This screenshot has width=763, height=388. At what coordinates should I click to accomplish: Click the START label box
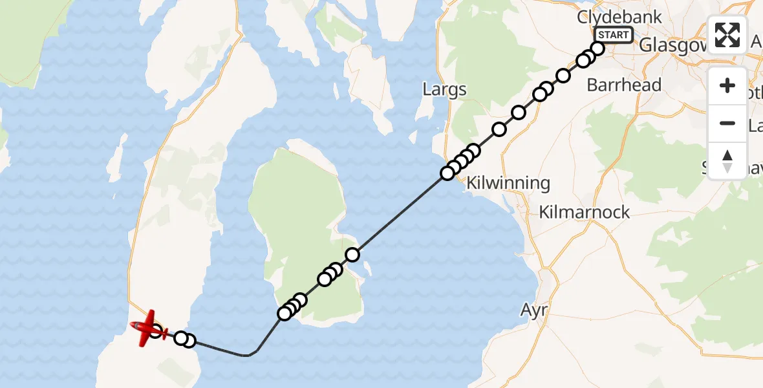pyautogui.click(x=613, y=35)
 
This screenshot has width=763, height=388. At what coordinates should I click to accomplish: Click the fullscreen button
pyautogui.click(x=727, y=35)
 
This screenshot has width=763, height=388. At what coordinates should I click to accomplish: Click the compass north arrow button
pyautogui.click(x=727, y=160)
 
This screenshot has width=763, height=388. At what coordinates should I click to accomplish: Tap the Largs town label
pyautogui.click(x=444, y=89)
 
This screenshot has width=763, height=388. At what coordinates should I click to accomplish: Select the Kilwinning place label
pyautogui.click(x=508, y=183)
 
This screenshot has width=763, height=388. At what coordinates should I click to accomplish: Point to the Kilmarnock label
pyautogui.click(x=584, y=212)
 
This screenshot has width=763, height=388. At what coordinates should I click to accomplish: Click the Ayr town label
pyautogui.click(x=534, y=310)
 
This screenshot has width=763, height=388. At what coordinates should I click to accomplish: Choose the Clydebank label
pyautogui.click(x=619, y=17)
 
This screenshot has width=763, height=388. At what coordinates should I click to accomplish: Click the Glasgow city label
pyautogui.click(x=670, y=45)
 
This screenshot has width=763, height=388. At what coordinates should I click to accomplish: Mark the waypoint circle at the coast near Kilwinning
pyautogui.click(x=447, y=173)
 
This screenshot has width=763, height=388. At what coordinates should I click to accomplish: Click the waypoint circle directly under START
pyautogui.click(x=597, y=48)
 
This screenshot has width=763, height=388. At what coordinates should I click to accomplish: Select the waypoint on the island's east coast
pyautogui.click(x=352, y=255)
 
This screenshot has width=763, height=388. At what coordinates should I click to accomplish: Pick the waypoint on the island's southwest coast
pyautogui.click(x=285, y=314)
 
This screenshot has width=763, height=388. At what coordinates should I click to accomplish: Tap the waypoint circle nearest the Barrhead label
pyautogui.click(x=563, y=76)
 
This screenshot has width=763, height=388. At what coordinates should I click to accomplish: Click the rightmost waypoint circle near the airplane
pyautogui.click(x=188, y=341)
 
